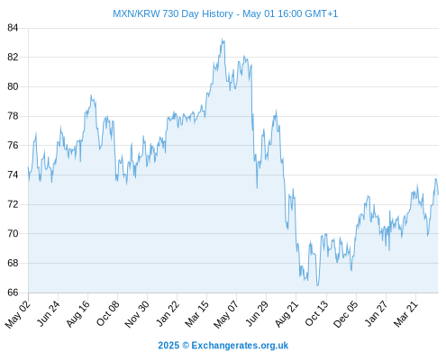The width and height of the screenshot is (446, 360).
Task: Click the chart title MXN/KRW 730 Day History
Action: click(173, 13)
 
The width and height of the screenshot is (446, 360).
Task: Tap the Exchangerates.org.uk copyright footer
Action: click(223, 346)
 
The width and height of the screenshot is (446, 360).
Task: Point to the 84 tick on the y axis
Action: click(13, 28)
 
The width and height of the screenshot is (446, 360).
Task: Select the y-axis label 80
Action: click(13, 86)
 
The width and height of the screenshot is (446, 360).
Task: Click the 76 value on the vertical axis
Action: click(13, 146)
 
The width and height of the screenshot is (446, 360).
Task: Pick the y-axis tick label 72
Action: click(13, 204)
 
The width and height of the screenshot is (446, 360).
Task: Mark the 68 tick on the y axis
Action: click(13, 263)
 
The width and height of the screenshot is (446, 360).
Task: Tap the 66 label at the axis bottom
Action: click(13, 292)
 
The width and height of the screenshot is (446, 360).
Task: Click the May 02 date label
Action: click(18, 314)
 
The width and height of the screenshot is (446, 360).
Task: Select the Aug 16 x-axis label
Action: click(78, 313)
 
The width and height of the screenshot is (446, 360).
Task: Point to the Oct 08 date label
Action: click(108, 313)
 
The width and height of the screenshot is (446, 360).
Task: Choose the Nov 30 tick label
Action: click(137, 314)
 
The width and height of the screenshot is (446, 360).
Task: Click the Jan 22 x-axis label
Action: click(168, 313)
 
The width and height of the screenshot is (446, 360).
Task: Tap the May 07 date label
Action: click(226, 314)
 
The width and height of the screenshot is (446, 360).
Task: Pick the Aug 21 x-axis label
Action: click(287, 313)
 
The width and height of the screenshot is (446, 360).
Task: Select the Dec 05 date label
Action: click(346, 314)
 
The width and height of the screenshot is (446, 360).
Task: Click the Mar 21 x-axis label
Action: click(405, 313)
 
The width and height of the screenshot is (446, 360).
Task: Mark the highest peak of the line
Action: click(222, 39)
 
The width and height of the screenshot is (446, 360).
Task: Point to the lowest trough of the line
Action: click(317, 285)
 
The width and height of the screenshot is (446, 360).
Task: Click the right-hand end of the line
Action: click(438, 194)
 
